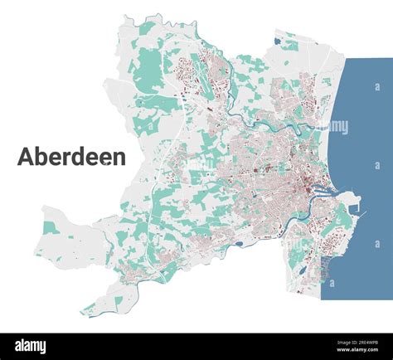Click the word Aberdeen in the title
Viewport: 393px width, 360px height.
tap(71, 157)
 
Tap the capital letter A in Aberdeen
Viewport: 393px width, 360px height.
tap(26, 157)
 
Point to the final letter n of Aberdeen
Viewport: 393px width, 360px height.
tap(119, 158)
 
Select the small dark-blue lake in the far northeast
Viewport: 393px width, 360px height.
tap(275, 38)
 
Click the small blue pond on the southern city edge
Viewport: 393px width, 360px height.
tap(240, 244)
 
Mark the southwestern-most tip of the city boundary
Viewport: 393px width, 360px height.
tap(83, 314)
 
